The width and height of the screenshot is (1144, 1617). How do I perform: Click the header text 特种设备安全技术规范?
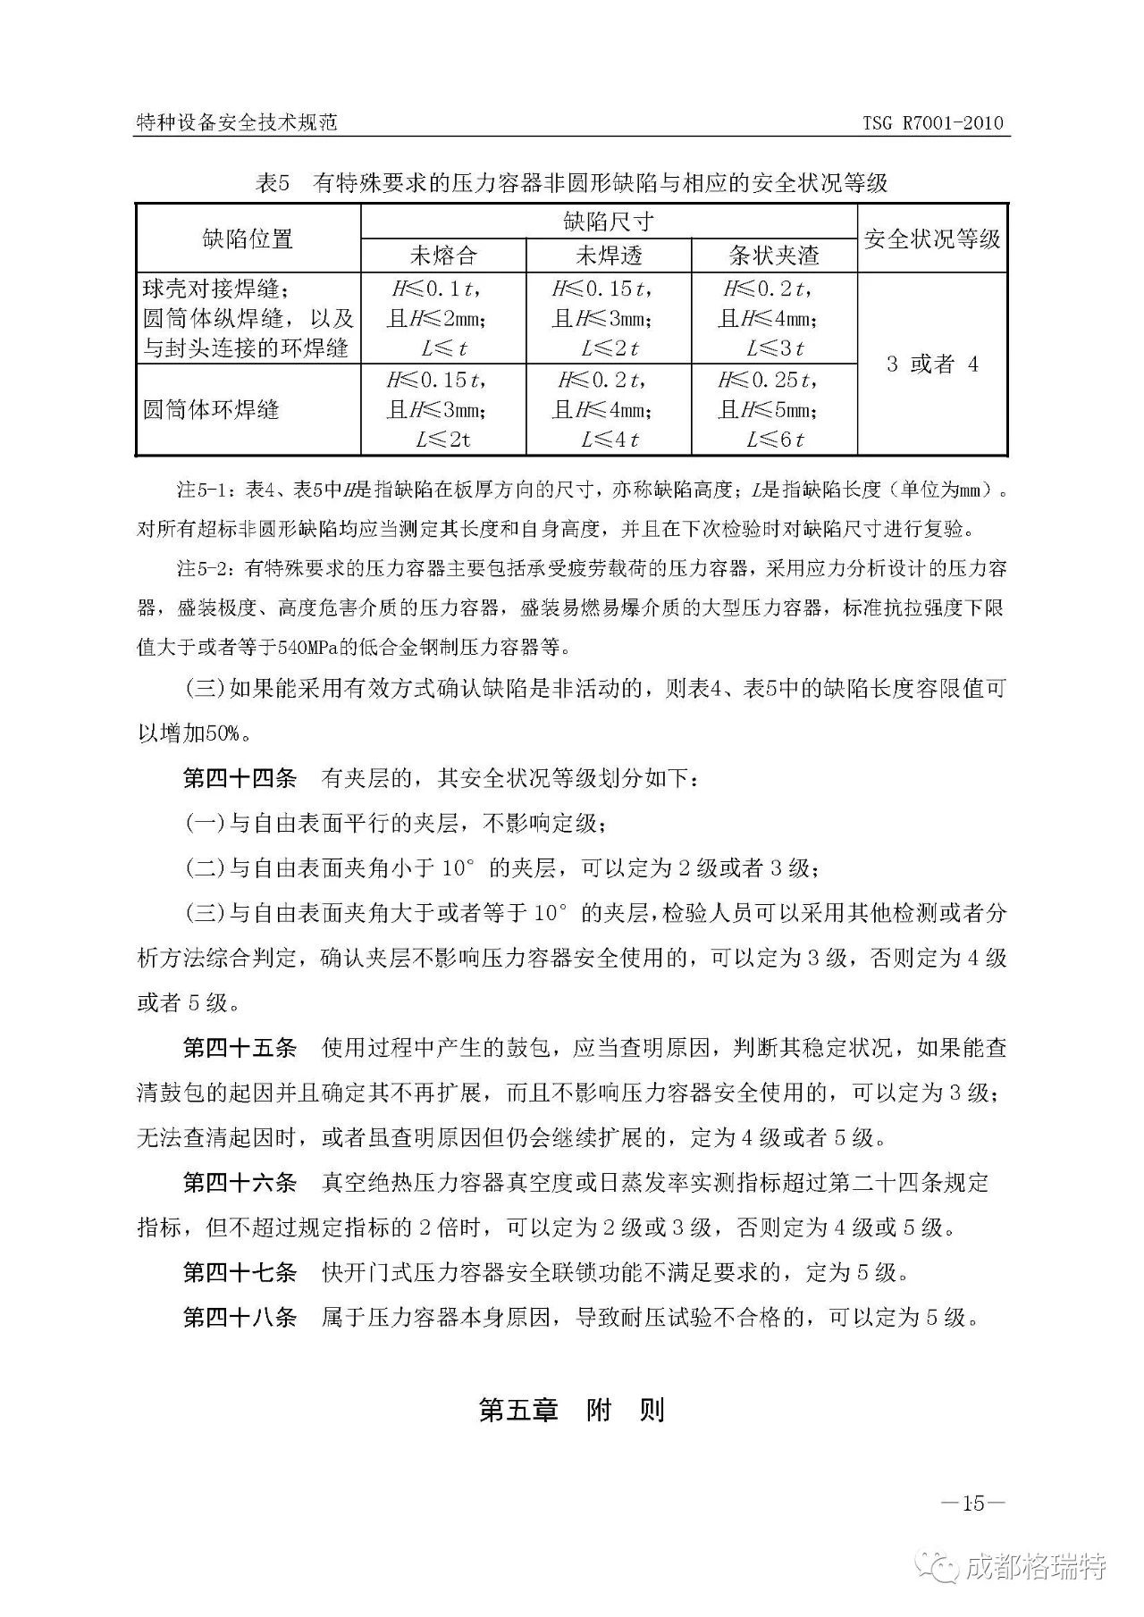point(236,122)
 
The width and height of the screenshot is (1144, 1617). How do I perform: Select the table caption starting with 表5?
point(571,183)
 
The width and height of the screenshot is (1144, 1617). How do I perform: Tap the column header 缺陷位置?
point(248,239)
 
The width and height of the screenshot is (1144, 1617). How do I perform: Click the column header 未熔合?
point(443,256)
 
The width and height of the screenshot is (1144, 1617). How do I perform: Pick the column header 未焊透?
point(609,256)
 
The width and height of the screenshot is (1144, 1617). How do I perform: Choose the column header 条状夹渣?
point(774,256)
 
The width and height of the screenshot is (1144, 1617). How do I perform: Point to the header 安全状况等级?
point(932,239)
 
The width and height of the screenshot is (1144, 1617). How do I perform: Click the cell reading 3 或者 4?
point(932,364)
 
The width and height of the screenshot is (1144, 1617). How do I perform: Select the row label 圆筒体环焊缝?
point(212,410)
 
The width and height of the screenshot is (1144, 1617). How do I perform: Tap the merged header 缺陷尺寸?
point(609,222)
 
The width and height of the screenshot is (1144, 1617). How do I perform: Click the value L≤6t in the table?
point(775,440)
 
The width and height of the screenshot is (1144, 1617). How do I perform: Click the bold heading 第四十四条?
point(240,778)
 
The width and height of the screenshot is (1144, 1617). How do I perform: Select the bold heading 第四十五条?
point(240,1047)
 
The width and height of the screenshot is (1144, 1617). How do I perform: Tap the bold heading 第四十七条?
point(240,1272)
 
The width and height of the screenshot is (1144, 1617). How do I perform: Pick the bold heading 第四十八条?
point(240,1317)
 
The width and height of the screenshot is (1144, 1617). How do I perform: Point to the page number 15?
point(973,1504)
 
